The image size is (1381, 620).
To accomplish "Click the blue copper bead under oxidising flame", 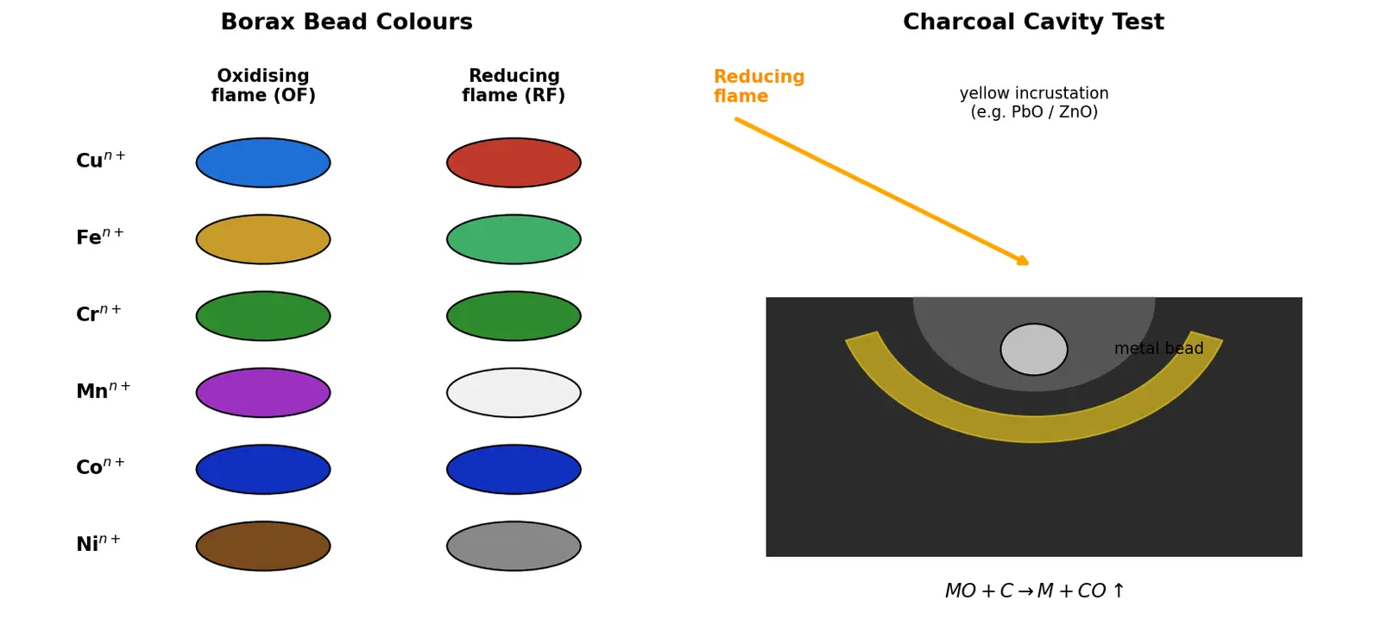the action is pyautogui.click(x=263, y=163).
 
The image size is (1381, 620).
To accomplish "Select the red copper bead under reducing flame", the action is pyautogui.click(x=514, y=163).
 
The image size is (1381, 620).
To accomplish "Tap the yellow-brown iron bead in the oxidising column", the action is pyautogui.click(x=263, y=239).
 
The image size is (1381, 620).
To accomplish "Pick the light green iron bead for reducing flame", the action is pyautogui.click(x=514, y=239).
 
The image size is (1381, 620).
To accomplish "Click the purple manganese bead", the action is pyautogui.click(x=263, y=393).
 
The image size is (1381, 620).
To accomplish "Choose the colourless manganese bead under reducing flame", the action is pyautogui.click(x=514, y=393).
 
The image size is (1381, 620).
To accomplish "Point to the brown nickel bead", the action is pyautogui.click(x=263, y=546).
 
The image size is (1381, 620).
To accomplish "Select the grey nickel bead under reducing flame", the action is pyautogui.click(x=514, y=546).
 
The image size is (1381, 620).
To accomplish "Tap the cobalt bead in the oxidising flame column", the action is pyautogui.click(x=263, y=470).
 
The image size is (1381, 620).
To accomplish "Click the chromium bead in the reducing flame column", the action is pyautogui.click(x=514, y=316).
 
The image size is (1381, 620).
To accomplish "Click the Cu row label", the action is pyautogui.click(x=100, y=160).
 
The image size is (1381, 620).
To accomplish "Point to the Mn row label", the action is pyautogui.click(x=103, y=390).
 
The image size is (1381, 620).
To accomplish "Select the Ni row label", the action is pyautogui.click(x=98, y=543).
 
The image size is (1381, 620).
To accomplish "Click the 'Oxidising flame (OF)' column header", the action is pyautogui.click(x=263, y=85).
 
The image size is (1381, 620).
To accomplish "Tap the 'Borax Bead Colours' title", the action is pyautogui.click(x=346, y=22).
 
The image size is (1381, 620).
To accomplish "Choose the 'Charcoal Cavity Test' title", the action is pyautogui.click(x=1033, y=22).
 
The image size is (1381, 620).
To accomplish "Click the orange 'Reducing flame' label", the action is pyautogui.click(x=759, y=86).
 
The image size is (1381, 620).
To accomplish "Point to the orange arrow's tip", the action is pyautogui.click(x=1028, y=264).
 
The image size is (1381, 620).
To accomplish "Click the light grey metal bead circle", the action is pyautogui.click(x=1034, y=349).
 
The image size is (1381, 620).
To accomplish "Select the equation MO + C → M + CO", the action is pyautogui.click(x=1035, y=591).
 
